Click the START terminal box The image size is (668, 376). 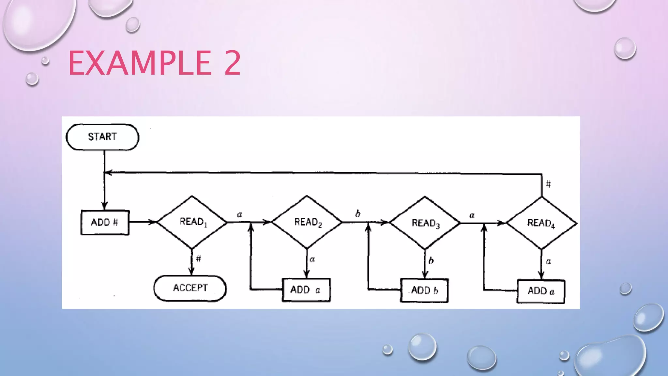point(102,137)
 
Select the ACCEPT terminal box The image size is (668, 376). point(190,288)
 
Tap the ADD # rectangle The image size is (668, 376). point(105,223)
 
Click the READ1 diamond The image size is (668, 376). point(192,222)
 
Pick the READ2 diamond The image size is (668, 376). point(307,222)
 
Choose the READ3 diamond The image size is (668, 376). point(425,223)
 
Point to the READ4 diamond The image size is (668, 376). point(541,223)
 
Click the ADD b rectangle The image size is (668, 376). point(424,290)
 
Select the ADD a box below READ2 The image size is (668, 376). point(306,290)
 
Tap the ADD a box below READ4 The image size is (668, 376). point(541,291)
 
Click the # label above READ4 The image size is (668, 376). point(548,184)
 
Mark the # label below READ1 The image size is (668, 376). point(198,259)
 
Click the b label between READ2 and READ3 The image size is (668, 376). point(358,214)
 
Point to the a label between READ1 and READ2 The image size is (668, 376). point(239,214)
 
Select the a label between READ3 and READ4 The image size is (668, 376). point(472,215)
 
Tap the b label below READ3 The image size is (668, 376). point(431,260)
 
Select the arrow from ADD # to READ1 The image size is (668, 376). point(143,222)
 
